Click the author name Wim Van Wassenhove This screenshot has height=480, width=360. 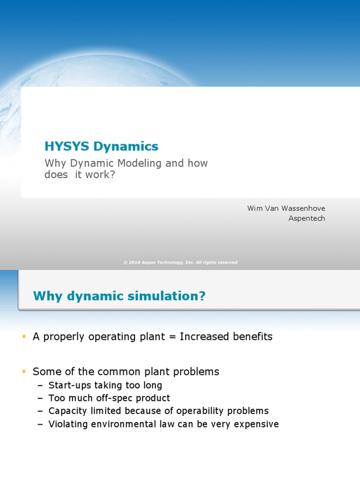point(286,208)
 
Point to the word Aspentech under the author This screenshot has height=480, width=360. point(307,218)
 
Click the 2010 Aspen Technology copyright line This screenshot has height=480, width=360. point(180,262)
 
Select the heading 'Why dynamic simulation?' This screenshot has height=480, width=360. point(119,296)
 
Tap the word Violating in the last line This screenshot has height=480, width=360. point(67,424)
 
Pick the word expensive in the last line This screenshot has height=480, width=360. point(255,424)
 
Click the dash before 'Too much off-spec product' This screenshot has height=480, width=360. point(40,398)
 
